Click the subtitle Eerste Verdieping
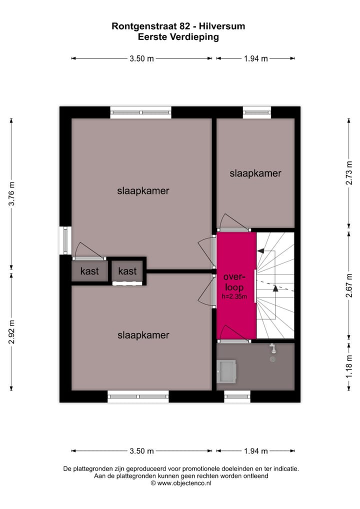179,37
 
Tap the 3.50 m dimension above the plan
141,58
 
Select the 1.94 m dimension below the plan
256,451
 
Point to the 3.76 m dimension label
12,192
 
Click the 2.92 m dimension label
12,330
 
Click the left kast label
89,271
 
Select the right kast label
127,271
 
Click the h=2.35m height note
236,296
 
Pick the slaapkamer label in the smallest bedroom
255,173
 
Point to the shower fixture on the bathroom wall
272,348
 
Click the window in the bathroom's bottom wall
237,396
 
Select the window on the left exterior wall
65,240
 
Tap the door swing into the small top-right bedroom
233,222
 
